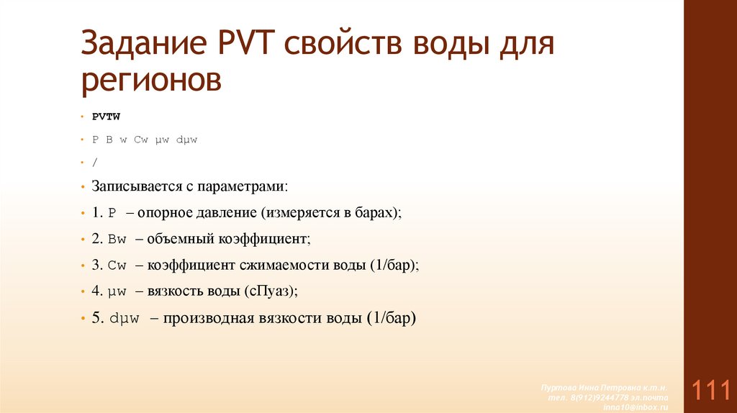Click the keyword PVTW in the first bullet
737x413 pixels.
105,115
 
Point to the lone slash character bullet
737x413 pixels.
94,163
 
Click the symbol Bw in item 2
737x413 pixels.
117,239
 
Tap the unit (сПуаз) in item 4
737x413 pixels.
270,291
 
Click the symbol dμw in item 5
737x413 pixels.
129,318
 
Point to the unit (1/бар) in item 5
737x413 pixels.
390,318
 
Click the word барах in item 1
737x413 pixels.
376,213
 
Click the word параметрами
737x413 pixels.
248,186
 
